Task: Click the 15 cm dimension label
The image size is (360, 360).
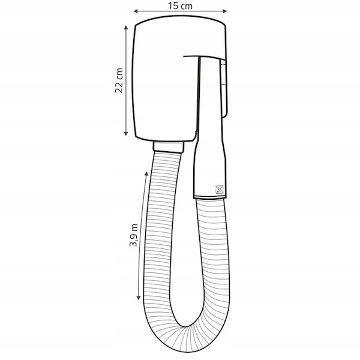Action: pos(180,6)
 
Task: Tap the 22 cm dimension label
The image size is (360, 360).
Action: pos(119,80)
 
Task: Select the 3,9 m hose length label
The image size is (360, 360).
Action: pos(133,235)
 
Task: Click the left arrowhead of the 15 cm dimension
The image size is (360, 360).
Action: pos(136,11)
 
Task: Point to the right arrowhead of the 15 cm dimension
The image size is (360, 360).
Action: pos(225,11)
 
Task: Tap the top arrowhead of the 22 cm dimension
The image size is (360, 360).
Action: pos(126,28)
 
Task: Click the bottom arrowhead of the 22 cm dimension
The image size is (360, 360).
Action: pos(126,133)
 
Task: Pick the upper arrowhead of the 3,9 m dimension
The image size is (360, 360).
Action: pos(146,173)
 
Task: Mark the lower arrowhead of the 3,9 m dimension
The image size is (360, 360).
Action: pos(139,298)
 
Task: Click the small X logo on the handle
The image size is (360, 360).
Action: pos(219,190)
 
